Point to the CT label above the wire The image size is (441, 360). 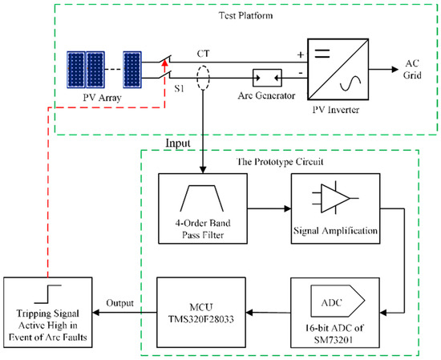pyautogui.click(x=204, y=54)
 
